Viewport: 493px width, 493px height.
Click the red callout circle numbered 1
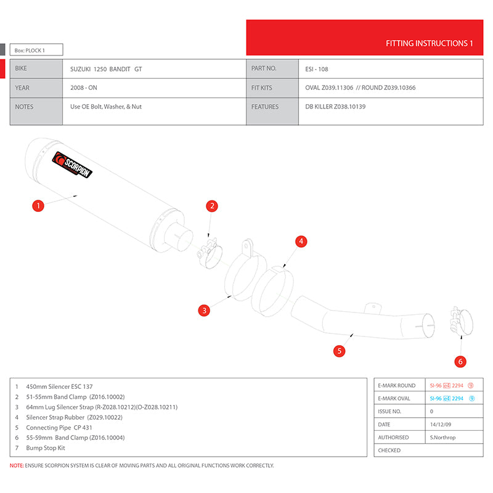(x=38, y=206)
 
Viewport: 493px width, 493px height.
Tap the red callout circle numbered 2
(x=211, y=206)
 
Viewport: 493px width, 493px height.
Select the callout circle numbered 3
(x=204, y=310)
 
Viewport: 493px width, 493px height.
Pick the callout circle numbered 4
(x=301, y=242)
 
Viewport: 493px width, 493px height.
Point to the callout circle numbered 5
(x=338, y=351)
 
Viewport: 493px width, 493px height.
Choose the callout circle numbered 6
(x=460, y=361)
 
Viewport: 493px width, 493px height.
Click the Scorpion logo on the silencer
(x=73, y=165)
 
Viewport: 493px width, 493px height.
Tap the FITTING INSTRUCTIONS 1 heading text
(x=429, y=44)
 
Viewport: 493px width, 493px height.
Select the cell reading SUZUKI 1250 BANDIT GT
(x=105, y=69)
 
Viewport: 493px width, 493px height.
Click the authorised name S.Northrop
(x=444, y=438)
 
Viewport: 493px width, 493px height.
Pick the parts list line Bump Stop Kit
(x=46, y=448)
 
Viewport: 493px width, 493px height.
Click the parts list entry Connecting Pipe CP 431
(x=59, y=427)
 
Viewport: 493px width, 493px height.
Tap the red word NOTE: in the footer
(x=17, y=466)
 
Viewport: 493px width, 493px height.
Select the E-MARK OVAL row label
(x=394, y=398)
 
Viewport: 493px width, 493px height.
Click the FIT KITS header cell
(x=261, y=88)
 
